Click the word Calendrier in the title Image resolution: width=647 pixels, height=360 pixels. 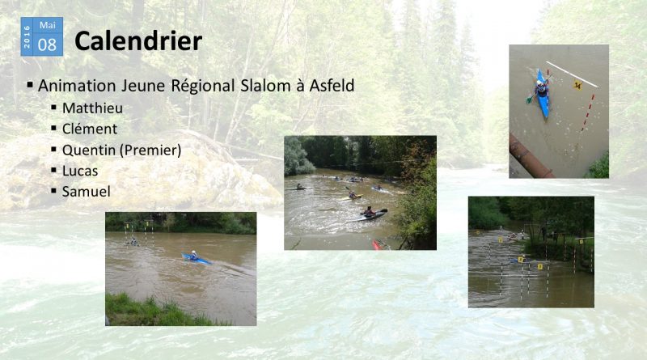[x=138, y=41]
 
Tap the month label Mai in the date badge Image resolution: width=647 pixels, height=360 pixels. [x=48, y=25]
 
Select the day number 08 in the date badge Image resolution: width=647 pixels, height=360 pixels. [x=47, y=44]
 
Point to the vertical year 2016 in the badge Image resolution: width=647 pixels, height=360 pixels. [x=27, y=36]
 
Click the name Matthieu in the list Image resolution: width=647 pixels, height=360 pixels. [x=92, y=108]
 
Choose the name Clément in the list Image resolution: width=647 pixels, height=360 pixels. [x=90, y=129]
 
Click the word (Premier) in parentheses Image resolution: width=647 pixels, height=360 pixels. [x=150, y=150]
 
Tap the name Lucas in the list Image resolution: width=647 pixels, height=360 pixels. [x=80, y=171]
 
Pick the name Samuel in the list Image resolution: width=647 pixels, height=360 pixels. [x=87, y=192]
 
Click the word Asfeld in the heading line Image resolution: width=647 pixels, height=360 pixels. [x=332, y=86]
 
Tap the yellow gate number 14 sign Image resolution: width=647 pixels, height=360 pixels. [x=577, y=86]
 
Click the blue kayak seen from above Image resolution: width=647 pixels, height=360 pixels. [x=542, y=94]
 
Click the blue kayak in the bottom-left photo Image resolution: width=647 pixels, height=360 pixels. [x=197, y=259]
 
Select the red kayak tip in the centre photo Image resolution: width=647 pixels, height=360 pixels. [x=376, y=245]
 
